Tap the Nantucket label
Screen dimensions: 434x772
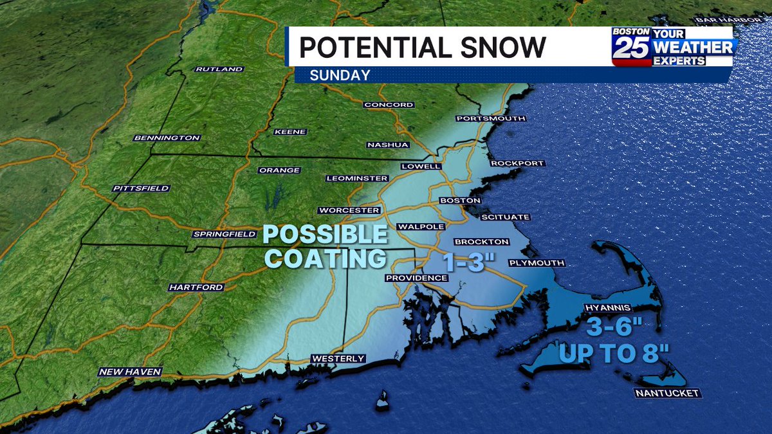[666, 393]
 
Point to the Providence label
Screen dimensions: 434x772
[416, 278]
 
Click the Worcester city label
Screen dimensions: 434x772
[349, 210]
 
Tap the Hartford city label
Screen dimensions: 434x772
[196, 287]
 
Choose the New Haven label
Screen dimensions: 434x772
[130, 372]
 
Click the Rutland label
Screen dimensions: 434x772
[219, 69]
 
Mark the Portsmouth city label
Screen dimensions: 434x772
[491, 118]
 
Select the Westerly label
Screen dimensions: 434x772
[338, 359]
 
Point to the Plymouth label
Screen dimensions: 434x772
[537, 263]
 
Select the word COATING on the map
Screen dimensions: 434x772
[326, 258]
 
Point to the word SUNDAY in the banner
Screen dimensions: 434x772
[340, 75]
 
